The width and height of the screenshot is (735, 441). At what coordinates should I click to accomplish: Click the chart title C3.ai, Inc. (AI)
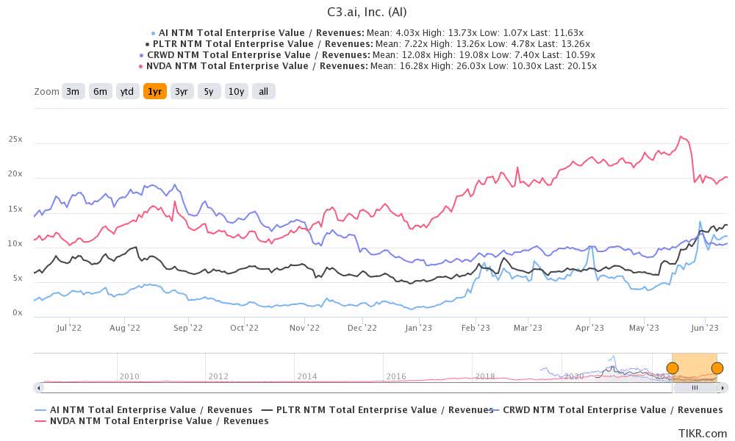(367, 12)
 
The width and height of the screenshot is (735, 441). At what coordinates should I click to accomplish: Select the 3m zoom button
(73, 92)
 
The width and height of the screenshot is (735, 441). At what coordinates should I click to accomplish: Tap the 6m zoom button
(100, 92)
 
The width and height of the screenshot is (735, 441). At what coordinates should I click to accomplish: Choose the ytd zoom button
(127, 92)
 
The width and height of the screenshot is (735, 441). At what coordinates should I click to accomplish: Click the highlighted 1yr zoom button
(154, 92)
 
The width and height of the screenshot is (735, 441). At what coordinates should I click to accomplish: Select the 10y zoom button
(236, 92)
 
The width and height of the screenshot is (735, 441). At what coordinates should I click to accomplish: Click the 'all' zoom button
(263, 92)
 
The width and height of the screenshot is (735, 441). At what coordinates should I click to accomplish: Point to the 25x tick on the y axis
(15, 140)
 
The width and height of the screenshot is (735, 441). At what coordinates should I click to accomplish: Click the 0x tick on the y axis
(17, 313)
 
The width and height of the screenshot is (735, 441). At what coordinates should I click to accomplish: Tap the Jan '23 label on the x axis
(418, 329)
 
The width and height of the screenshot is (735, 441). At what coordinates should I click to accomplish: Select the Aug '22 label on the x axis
(124, 329)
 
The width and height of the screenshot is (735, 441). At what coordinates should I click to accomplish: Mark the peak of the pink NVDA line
(681, 137)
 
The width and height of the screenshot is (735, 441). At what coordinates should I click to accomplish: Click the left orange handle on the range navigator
(673, 368)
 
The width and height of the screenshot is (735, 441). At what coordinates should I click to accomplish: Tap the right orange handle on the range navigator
(717, 368)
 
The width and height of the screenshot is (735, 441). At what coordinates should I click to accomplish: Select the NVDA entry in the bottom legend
(159, 421)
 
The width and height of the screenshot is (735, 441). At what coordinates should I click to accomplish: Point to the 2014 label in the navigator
(307, 376)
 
